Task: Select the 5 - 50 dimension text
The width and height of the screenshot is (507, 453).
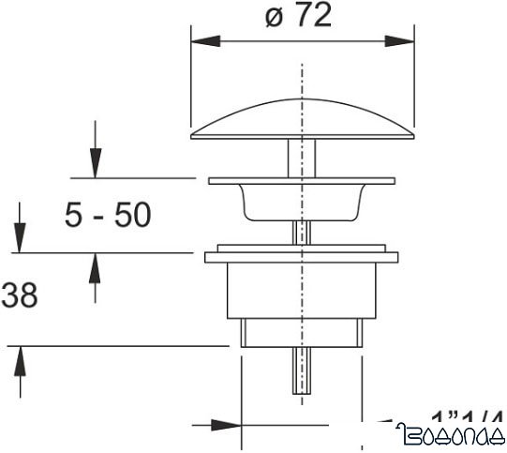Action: coord(107,216)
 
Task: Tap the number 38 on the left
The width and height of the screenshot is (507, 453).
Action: coord(19,296)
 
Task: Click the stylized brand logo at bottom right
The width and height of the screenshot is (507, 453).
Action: coord(451,434)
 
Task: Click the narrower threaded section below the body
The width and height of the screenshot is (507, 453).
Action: coord(301,333)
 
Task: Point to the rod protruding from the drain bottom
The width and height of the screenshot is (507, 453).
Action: coord(301,370)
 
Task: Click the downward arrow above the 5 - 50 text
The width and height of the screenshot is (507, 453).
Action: coord(94,164)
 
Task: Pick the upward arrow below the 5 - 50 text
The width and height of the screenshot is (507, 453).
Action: coord(94,266)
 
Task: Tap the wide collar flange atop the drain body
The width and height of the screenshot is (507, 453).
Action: coord(301,256)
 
